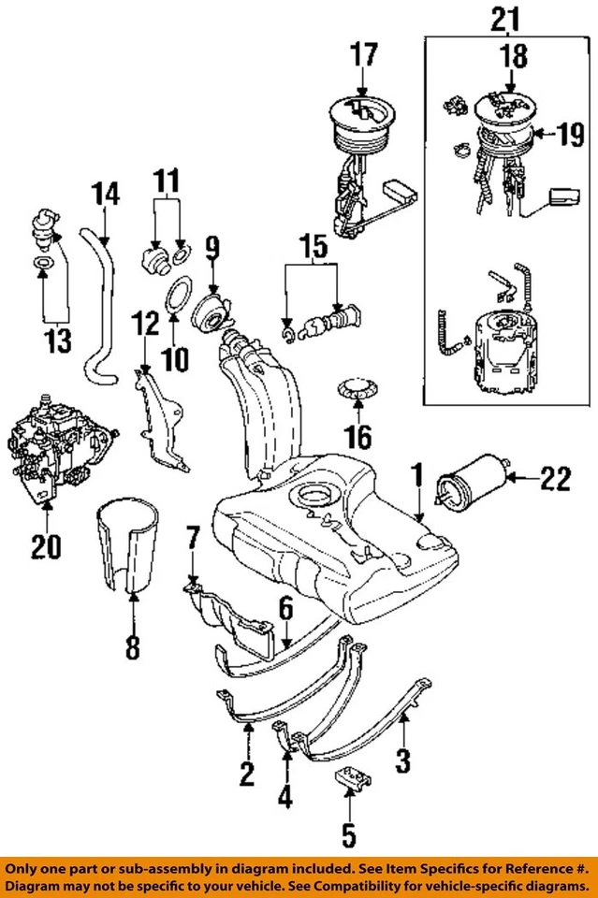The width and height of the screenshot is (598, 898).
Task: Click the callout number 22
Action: point(555,481)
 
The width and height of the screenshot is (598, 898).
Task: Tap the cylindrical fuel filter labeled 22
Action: point(473,481)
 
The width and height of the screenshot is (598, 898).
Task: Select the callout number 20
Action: point(45,545)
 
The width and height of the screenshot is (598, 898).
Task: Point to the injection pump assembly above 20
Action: point(61,439)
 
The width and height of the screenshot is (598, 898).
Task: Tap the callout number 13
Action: point(57,340)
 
